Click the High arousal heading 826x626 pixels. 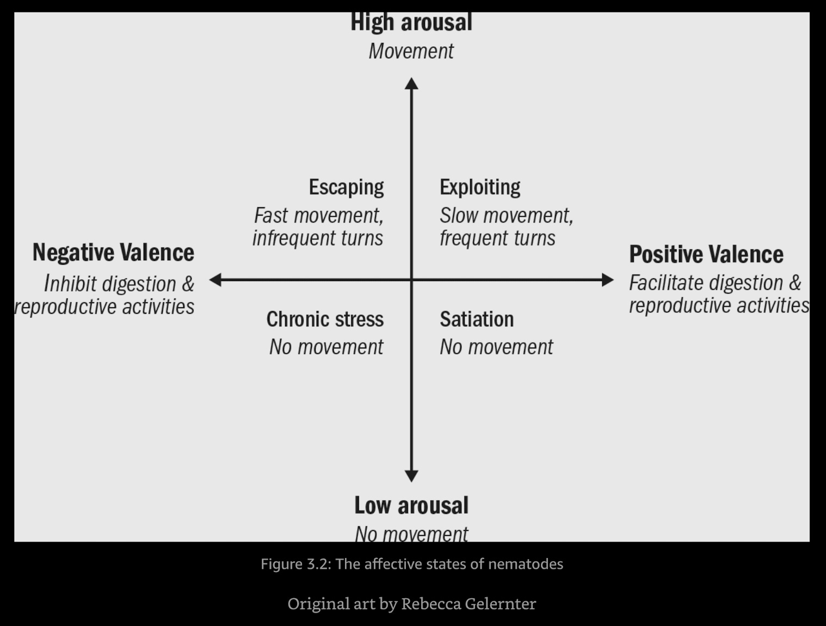(411, 23)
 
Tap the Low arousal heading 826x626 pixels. (411, 505)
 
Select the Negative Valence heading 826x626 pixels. (113, 253)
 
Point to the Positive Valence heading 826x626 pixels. (706, 254)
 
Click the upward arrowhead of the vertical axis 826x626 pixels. (411, 84)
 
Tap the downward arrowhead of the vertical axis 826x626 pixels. (411, 476)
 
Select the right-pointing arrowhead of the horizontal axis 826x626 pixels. (607, 280)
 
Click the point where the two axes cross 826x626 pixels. (411, 280)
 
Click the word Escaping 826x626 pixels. (346, 187)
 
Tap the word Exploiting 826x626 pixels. (480, 187)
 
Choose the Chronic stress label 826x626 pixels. (325, 319)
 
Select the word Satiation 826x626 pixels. (477, 319)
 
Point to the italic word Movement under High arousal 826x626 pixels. (411, 51)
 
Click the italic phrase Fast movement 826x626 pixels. (318, 216)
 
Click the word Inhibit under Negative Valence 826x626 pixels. (71, 284)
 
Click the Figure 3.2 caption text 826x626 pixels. (411, 563)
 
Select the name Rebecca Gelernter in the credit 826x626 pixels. (468, 604)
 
